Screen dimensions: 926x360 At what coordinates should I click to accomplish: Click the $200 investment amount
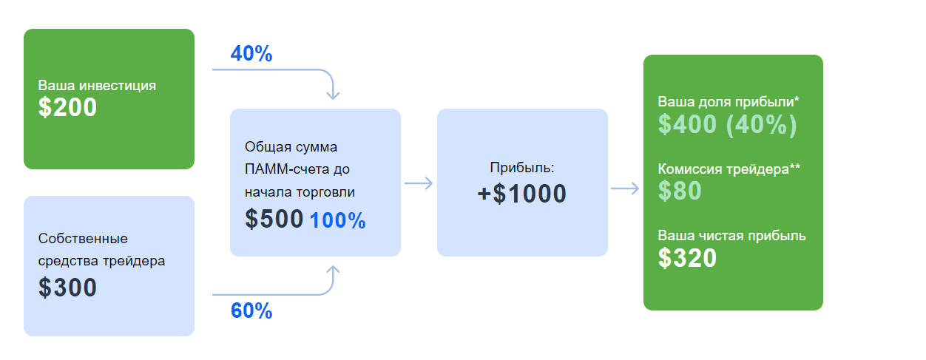coord(67,107)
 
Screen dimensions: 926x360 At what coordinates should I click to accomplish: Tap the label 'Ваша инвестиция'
coord(97,86)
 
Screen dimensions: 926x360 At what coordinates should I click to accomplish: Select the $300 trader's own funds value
coord(67,288)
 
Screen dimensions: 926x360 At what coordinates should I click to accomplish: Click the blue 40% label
coord(251,53)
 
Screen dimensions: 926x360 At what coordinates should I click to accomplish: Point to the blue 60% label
coord(251,310)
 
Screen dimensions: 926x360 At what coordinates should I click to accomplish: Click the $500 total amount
coord(274,219)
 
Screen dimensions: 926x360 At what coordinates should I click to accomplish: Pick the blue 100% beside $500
coord(337,220)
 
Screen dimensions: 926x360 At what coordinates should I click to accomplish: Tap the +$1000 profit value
coord(521,194)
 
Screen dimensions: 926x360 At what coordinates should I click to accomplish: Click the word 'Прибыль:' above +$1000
coord(521,167)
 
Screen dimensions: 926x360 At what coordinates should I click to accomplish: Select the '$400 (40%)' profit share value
coord(727,124)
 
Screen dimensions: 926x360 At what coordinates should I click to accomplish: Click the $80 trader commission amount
coord(680,191)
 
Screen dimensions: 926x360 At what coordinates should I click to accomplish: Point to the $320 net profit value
coord(687,258)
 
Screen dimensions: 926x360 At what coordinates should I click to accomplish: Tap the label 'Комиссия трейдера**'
coord(729,169)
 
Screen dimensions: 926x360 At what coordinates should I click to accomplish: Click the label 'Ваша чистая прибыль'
coord(731,236)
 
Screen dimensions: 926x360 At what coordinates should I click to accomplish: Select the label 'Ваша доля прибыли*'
coord(729,102)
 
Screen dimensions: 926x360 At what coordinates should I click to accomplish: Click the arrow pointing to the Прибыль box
coord(419,183)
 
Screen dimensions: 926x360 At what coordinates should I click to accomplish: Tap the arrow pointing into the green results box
coord(625,189)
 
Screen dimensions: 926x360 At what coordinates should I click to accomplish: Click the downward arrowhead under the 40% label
coord(333,96)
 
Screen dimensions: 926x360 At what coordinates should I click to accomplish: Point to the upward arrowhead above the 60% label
coord(333,270)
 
